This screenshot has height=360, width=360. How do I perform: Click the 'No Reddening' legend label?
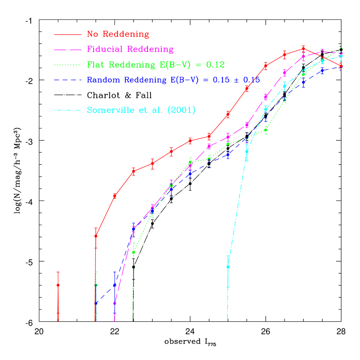(118, 34)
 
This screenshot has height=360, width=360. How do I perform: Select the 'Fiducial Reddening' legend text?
(130, 49)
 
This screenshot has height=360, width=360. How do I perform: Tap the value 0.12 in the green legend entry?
(215, 65)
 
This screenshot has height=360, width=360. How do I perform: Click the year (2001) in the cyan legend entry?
(181, 110)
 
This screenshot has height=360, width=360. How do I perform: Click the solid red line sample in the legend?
(67, 34)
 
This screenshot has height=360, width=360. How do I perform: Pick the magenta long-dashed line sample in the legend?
(67, 49)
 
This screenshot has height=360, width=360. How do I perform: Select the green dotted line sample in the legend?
(67, 65)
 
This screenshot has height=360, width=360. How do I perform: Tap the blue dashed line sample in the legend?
(67, 80)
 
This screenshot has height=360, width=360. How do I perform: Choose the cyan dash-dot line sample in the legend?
(67, 110)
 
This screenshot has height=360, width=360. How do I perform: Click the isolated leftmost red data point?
(58, 285)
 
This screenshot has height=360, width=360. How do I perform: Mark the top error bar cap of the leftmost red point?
(58, 272)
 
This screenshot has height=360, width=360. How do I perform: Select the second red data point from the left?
(96, 236)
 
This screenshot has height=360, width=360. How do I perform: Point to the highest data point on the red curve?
(303, 49)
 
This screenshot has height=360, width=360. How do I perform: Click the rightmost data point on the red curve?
(341, 66)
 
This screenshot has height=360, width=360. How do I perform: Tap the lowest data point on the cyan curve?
(228, 267)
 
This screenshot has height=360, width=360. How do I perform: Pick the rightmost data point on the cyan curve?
(341, 56)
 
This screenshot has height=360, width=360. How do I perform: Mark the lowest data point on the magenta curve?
(115, 303)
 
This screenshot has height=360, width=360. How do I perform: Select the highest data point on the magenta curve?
(322, 52)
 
